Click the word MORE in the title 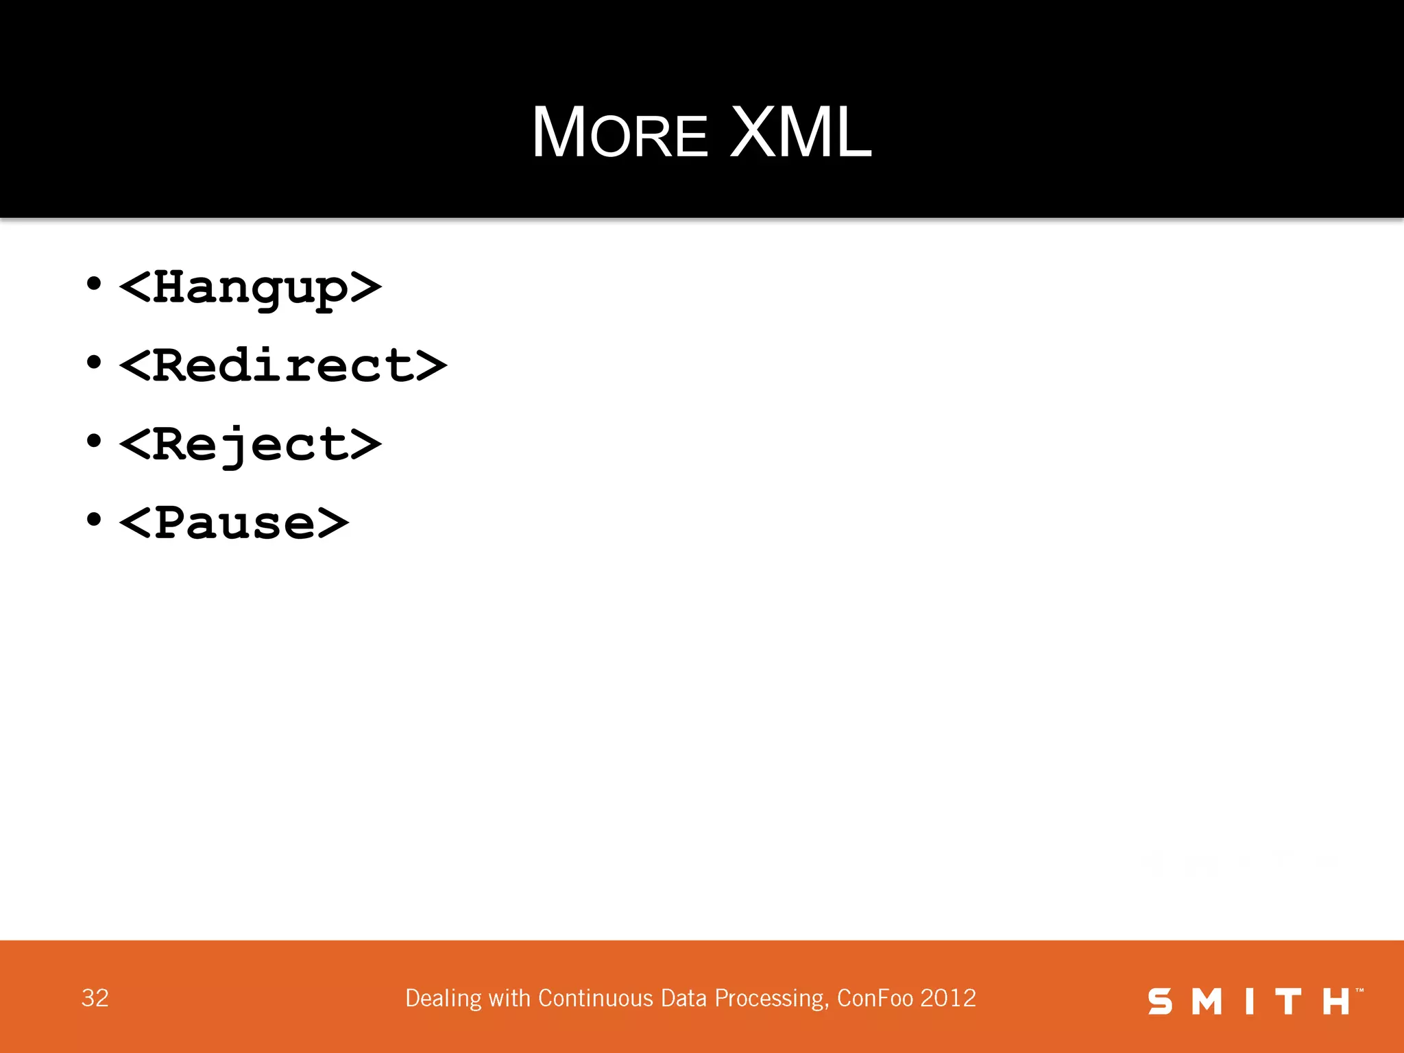coord(620,133)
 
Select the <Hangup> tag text coord(250,287)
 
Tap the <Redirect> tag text coord(282,365)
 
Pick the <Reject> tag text coord(250,444)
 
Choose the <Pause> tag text coord(234,523)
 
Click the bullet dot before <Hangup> coord(94,283)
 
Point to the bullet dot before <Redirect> coord(94,362)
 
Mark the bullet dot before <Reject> coord(94,441)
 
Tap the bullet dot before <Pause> coord(94,520)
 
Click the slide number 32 coord(95,998)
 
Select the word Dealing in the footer coord(444,999)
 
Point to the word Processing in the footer coord(771,999)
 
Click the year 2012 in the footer coord(948,998)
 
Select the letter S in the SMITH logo coord(1160,1002)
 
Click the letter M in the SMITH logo coord(1207,1002)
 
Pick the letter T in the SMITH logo coord(1288,1002)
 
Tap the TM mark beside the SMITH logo coord(1359,990)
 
